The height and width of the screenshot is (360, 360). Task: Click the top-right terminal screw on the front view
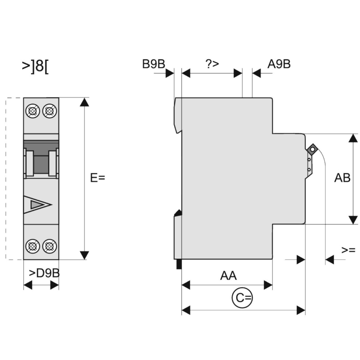pyautogui.click(x=49, y=111)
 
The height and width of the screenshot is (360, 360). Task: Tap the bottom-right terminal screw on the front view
pyautogui.click(x=49, y=246)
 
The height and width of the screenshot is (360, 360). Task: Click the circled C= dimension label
pyautogui.click(x=242, y=298)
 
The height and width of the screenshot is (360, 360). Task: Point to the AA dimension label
pyautogui.click(x=229, y=276)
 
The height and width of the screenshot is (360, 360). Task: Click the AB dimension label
pyautogui.click(x=342, y=178)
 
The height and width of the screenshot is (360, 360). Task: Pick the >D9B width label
pyautogui.click(x=44, y=273)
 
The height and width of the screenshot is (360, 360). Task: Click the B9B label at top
pyautogui.click(x=154, y=64)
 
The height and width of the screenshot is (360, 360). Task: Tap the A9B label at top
pyautogui.click(x=279, y=64)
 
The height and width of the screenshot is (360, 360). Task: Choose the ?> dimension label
pyautogui.click(x=212, y=64)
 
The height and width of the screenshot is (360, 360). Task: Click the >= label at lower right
pyautogui.click(x=348, y=250)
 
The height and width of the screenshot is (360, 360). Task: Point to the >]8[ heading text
pyautogui.click(x=36, y=66)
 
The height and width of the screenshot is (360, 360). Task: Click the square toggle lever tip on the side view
pyautogui.click(x=312, y=150)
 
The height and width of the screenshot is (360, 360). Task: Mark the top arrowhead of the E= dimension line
pyautogui.click(x=84, y=102)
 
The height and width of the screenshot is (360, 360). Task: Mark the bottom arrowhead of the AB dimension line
pyautogui.click(x=353, y=220)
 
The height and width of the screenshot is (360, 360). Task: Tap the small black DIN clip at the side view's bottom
pyautogui.click(x=179, y=264)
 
